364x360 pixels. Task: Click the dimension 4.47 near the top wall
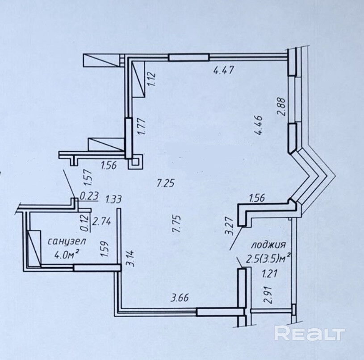tap(224, 70)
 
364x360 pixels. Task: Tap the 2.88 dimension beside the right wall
tap(281, 107)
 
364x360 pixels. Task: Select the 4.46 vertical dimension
tap(259, 125)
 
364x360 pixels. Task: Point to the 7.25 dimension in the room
tap(166, 183)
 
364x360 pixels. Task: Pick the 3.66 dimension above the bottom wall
tap(180, 298)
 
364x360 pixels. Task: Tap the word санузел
tap(67, 241)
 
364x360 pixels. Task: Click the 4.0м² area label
tap(66, 255)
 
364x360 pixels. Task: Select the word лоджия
tap(268, 245)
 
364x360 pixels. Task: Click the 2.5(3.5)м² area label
tap(268, 257)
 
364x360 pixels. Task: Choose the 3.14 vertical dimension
tap(130, 258)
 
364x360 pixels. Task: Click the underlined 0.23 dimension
tap(89, 196)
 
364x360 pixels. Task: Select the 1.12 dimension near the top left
tap(152, 79)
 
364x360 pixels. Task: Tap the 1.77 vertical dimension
tap(142, 126)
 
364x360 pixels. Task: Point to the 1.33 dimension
tap(113, 199)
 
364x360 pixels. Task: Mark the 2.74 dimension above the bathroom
tap(102, 221)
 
